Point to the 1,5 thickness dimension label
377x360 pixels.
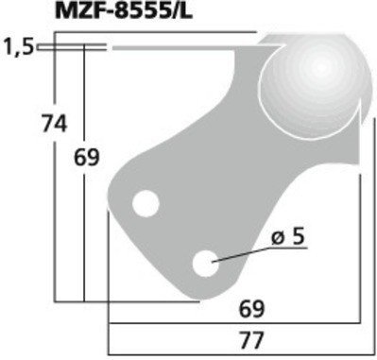17,44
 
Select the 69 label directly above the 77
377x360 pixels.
249,308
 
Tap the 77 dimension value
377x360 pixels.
249,335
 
